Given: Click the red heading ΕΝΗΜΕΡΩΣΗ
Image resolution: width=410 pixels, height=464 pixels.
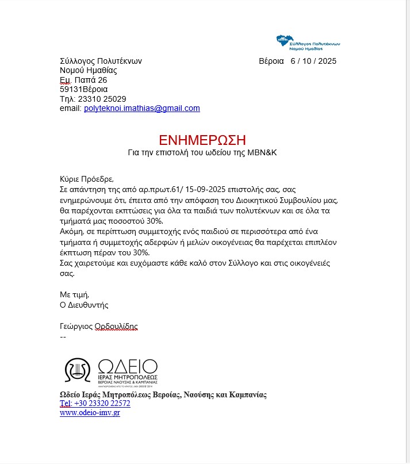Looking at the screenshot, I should click(202, 140).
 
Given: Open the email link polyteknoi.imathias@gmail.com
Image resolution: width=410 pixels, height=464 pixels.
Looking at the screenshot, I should click(142, 108).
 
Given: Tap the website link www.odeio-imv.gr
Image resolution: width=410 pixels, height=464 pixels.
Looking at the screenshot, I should click(90, 412).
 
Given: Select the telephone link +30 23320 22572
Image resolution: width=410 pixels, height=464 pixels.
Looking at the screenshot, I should click(102, 404).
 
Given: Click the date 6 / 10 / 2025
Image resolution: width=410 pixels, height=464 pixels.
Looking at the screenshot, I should click(313, 61).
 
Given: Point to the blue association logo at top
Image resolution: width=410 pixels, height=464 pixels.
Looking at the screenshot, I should click(308, 42).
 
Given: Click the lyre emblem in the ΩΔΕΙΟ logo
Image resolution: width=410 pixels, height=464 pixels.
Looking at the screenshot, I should click(77, 371).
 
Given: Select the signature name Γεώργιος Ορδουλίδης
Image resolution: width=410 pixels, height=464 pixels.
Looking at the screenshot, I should click(98, 326).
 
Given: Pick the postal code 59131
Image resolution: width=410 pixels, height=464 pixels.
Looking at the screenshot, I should click(71, 89).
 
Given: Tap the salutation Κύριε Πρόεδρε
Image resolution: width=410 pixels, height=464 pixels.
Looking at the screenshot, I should click(83, 178).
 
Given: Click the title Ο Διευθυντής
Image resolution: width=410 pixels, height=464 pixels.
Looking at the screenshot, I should click(84, 305).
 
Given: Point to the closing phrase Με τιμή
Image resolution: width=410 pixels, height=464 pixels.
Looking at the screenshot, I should click(75, 294).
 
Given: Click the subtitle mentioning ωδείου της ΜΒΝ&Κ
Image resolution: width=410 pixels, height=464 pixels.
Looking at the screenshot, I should click(202, 153).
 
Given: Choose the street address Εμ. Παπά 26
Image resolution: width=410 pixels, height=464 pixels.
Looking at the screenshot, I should click(83, 80).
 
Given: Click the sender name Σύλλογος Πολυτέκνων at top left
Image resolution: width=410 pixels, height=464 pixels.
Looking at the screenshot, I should click(101, 61).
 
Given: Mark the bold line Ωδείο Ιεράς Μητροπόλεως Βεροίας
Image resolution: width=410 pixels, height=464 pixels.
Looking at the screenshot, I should click(163, 395).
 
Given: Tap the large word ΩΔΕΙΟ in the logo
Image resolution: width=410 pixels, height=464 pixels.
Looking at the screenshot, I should click(128, 367).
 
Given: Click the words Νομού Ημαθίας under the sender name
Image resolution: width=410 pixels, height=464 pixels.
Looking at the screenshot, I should click(89, 71).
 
